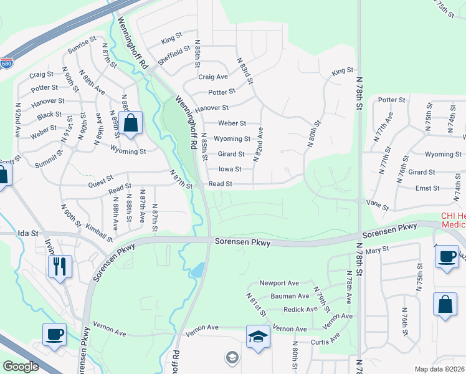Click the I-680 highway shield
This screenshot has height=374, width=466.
[x=6, y=64]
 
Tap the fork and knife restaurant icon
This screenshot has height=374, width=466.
[x=60, y=267]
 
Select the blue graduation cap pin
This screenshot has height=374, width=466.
[x=258, y=337]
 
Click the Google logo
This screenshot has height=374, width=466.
[x=21, y=367]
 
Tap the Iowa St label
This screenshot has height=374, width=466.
[x=229, y=169]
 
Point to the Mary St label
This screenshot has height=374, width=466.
[x=378, y=248]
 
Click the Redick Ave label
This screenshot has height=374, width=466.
[x=300, y=309]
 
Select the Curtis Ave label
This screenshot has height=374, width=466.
[x=326, y=340]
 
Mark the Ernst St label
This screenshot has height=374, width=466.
[x=427, y=188]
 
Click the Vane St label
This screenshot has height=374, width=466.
[x=378, y=207]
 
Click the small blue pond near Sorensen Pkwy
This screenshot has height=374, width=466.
[x=197, y=270]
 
